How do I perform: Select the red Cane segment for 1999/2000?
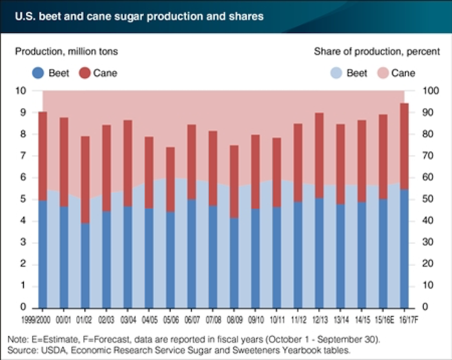coord(43,156)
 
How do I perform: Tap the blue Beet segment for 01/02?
coord(85,265)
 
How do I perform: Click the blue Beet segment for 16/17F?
coord(404,248)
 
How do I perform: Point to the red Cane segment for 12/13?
coord(320,155)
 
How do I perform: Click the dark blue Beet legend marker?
coord(37,73)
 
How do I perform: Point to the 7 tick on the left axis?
coord(23,155)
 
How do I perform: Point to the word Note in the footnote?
coord(17,338)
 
